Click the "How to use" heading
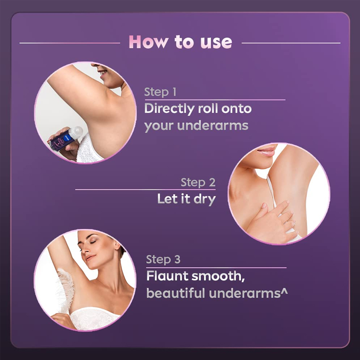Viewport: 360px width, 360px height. pos(180,42)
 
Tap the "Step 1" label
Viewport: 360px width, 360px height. pos(160,92)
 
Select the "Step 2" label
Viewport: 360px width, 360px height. pos(198,183)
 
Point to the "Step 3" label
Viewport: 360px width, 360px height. pos(163,260)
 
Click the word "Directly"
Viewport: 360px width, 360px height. pos(169,109)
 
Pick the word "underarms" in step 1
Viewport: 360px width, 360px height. pos(212,126)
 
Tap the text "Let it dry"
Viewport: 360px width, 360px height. pos(186,199)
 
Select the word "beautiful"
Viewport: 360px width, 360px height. pos(175,293)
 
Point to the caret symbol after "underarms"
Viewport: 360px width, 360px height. pos(284,291)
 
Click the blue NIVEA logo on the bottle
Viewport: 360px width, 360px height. pos(67,138)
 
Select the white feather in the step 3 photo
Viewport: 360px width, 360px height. pos(64,290)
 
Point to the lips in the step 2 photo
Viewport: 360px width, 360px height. pos(267,151)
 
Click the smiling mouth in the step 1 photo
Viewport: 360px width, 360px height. pos(103,73)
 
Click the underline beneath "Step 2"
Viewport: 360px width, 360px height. pos(145,189)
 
